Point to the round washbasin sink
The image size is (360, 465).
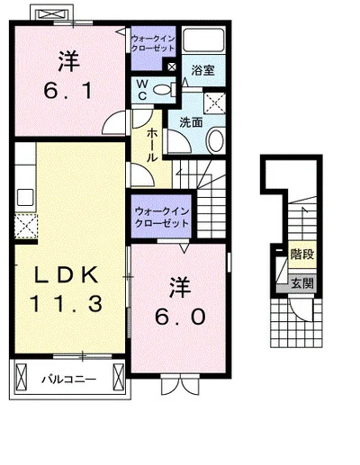tap(216, 139)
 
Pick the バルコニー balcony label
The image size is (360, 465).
tap(68, 380)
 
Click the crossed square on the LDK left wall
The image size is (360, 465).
tap(24, 225)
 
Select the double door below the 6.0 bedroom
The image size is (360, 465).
tap(179, 387)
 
